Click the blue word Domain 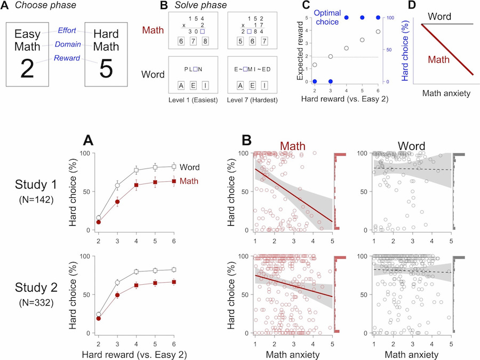70,44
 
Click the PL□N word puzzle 190,68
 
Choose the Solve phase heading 192,6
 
